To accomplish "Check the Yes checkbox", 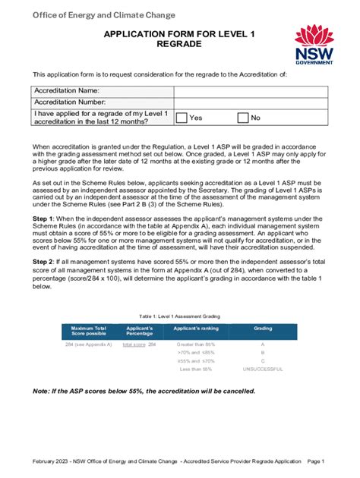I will tap(182, 118).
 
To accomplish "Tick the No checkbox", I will tap(243, 118).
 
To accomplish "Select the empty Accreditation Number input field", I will tap(250, 102).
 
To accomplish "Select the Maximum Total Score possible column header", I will tap(89, 331).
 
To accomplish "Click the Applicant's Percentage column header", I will tap(139, 331).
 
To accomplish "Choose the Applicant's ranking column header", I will tap(196, 328).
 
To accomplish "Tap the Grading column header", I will tap(262, 328).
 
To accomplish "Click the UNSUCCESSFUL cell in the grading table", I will tap(262, 369).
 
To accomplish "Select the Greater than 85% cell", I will tap(197, 344).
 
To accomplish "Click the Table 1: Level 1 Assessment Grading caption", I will tap(179, 314).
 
